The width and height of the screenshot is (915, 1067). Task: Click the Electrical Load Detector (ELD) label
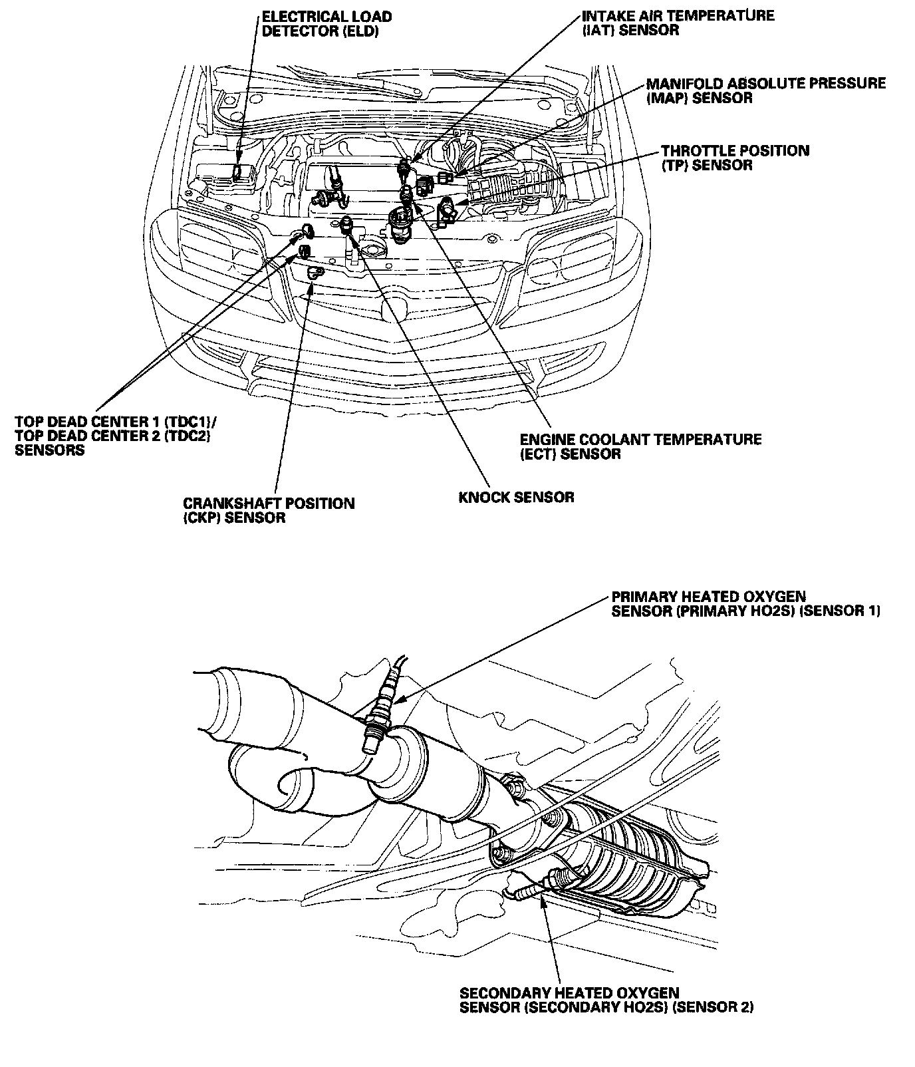[327, 24]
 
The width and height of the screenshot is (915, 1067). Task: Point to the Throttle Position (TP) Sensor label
[735, 158]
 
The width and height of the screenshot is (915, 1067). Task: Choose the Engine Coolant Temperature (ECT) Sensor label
[640, 446]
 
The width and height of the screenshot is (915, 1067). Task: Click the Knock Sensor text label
[516, 497]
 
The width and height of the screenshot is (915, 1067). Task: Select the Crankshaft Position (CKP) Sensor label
[269, 510]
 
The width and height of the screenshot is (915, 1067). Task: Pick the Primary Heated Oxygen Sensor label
[745, 603]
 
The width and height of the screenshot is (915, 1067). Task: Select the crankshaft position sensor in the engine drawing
[315, 271]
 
